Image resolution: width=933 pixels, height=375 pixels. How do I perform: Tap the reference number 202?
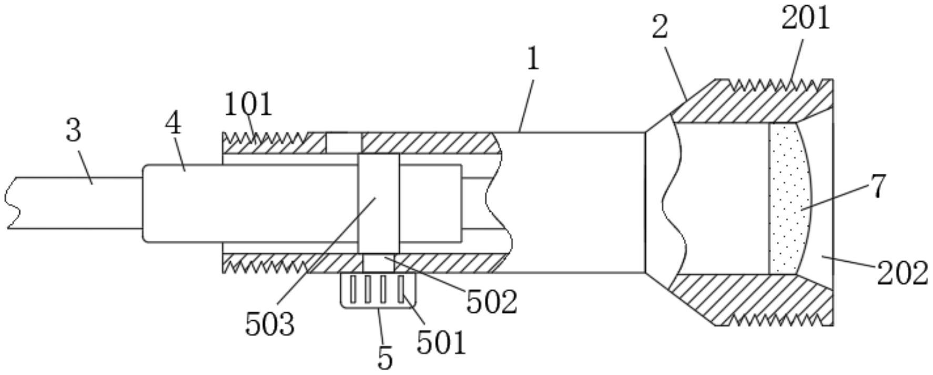902,273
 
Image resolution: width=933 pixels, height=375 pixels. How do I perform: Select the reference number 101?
248,104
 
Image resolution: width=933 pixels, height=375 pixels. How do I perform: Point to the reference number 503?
270,324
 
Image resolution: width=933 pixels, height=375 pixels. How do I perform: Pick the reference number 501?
442,342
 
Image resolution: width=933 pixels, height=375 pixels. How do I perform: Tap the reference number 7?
878,186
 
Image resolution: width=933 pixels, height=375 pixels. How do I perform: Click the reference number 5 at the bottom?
386,359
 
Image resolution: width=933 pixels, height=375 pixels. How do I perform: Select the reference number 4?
173,124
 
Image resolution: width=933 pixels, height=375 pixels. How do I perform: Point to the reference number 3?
74,130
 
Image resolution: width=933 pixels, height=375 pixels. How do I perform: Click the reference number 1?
533,59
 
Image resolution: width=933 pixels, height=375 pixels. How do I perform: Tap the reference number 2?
660,27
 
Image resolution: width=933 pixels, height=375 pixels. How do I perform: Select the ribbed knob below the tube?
378,290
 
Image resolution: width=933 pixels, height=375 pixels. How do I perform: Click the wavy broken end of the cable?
13,203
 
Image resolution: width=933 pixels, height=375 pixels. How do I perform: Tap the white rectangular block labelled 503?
378,203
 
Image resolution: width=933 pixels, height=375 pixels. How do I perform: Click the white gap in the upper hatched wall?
343,143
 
